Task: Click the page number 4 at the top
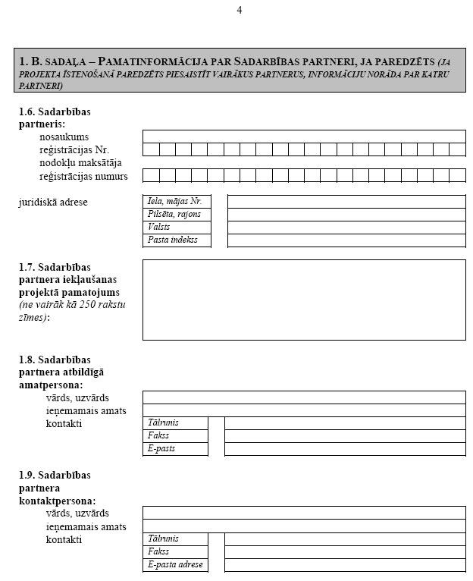(240, 10)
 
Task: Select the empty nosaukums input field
(304, 137)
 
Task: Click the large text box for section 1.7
(304, 300)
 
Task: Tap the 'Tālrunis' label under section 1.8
(175, 422)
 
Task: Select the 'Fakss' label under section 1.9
(175, 552)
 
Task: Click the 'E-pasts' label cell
(175, 449)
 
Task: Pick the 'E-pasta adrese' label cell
(175, 565)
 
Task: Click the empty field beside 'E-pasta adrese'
(345, 565)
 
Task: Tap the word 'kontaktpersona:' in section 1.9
(58, 501)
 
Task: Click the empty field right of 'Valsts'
(346, 228)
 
